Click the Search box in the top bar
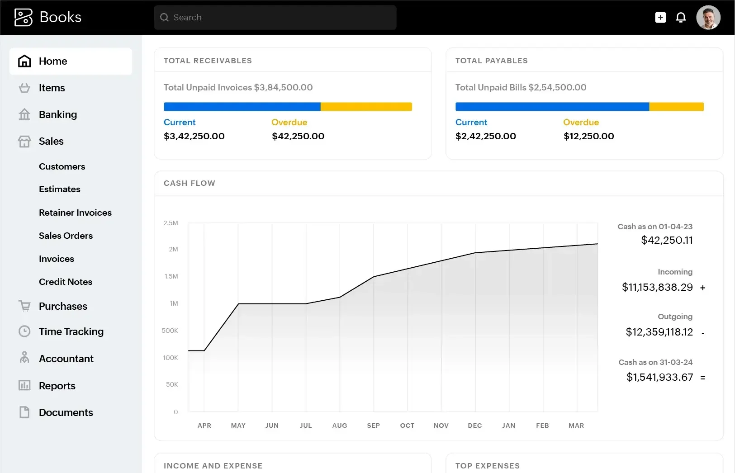coord(275,18)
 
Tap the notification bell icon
coord(681,18)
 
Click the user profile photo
coord(708,18)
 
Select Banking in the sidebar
coord(57,114)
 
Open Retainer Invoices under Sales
coord(75,213)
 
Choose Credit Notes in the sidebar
coord(66,282)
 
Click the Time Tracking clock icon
coord(24,331)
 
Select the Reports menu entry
coord(57,386)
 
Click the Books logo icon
coord(24,18)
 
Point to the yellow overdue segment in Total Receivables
coord(366,107)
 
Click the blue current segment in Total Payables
coord(552,107)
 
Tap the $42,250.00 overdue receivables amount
coord(298,136)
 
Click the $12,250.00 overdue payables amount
coord(588,136)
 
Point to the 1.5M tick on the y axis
coord(171,276)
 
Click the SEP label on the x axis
coord(373,426)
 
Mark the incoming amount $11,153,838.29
coord(657,287)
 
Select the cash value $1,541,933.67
coord(659,377)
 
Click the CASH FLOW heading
coord(190,183)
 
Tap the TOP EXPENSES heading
coord(487,466)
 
